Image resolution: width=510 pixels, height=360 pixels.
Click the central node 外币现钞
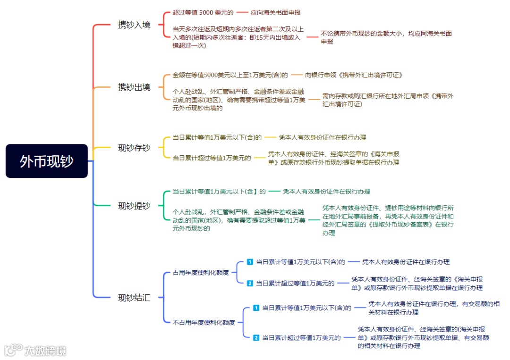47,161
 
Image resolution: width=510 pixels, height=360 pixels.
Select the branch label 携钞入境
134,25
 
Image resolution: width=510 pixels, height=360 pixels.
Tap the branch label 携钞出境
134,87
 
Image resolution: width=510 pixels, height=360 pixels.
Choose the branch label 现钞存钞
134,148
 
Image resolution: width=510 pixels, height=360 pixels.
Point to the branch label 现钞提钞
134,206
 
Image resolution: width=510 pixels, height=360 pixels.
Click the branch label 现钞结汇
134,298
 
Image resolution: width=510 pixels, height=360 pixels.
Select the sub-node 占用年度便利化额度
201,272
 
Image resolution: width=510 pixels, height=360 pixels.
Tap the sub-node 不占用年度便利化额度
204,323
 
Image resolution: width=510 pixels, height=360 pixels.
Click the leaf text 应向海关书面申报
275,13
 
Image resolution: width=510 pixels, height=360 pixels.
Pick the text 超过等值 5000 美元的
203,13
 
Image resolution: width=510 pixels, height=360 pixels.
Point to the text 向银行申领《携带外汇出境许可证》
354,75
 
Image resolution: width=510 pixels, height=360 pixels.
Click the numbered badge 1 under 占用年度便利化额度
250,262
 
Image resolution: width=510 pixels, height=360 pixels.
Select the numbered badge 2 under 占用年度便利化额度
250,283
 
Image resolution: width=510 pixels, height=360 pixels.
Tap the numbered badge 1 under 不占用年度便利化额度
256,308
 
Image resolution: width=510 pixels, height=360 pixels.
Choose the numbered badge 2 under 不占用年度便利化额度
256,337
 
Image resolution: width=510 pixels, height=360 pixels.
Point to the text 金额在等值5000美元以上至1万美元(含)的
230,75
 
